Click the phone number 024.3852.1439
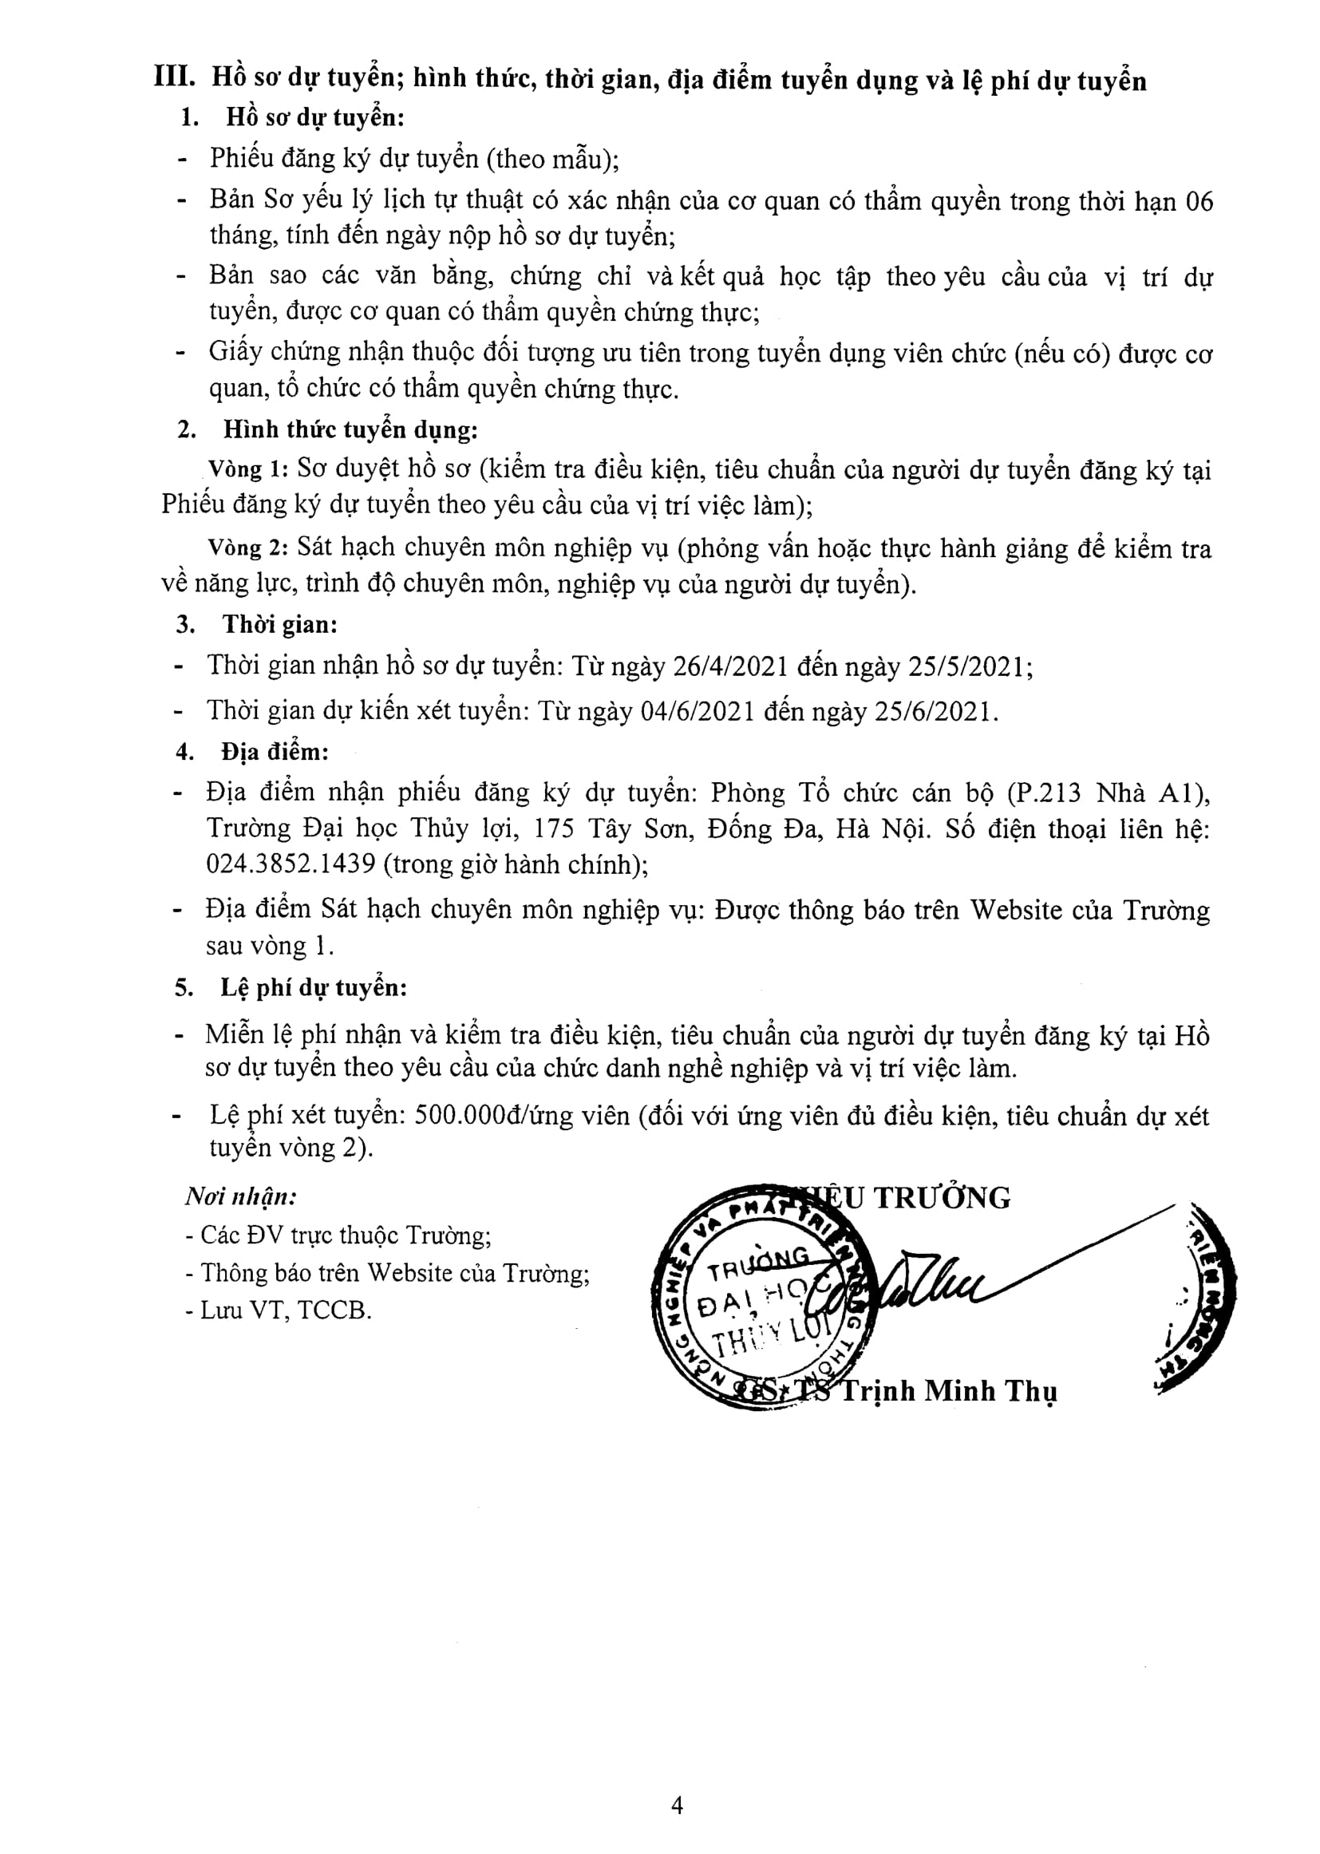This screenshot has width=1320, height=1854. tap(291, 864)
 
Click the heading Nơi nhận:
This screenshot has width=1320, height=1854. tap(240, 1196)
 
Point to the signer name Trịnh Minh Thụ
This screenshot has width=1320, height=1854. tap(948, 1391)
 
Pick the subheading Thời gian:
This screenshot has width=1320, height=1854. tap(279, 625)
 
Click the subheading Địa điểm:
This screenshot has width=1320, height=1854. tap(275, 752)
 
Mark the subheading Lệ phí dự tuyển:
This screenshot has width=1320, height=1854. tap(313, 987)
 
